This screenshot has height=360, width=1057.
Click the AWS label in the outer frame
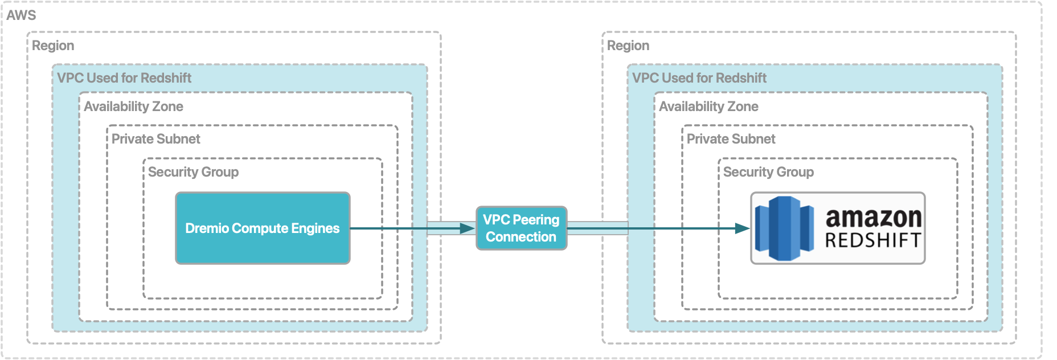[x=21, y=15]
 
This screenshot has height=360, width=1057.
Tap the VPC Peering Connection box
[x=521, y=228]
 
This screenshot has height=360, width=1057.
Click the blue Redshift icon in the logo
[x=784, y=228]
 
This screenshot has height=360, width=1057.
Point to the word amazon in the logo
[x=873, y=217]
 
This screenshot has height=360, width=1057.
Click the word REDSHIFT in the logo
[x=873, y=240]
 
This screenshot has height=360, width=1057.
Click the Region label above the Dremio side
[x=53, y=46]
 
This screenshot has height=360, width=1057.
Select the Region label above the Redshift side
[x=628, y=46]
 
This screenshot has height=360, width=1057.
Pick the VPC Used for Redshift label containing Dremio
[x=124, y=78]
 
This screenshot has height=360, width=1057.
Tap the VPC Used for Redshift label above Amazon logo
[x=699, y=78]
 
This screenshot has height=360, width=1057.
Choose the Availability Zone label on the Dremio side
[x=134, y=107]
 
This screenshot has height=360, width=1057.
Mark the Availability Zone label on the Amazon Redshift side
[x=709, y=107]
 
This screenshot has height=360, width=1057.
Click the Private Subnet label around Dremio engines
[x=156, y=139]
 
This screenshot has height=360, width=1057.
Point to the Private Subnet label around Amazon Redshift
[x=731, y=139]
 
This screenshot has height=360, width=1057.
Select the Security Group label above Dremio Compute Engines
[x=194, y=172]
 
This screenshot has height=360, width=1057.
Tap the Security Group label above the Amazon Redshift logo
[x=769, y=172]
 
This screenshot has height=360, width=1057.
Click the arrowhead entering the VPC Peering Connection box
[x=468, y=228]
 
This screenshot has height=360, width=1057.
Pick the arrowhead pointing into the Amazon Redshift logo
[x=743, y=228]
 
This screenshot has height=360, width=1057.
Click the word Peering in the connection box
[x=536, y=220]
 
